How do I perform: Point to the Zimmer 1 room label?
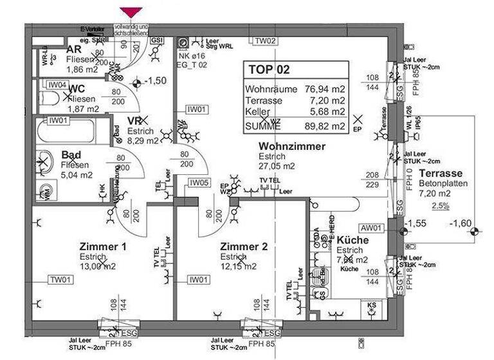(x=103, y=247)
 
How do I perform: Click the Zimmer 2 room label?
(x=243, y=247)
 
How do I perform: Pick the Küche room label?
(x=352, y=240)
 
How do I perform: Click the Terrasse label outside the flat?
(x=441, y=174)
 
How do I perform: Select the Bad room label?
(x=71, y=155)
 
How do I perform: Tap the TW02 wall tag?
(x=266, y=41)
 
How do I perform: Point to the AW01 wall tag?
(x=371, y=228)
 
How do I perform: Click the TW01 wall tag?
(x=62, y=280)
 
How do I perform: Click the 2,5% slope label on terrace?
(x=440, y=205)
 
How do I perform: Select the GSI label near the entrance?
(x=157, y=39)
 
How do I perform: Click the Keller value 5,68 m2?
(x=324, y=114)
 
